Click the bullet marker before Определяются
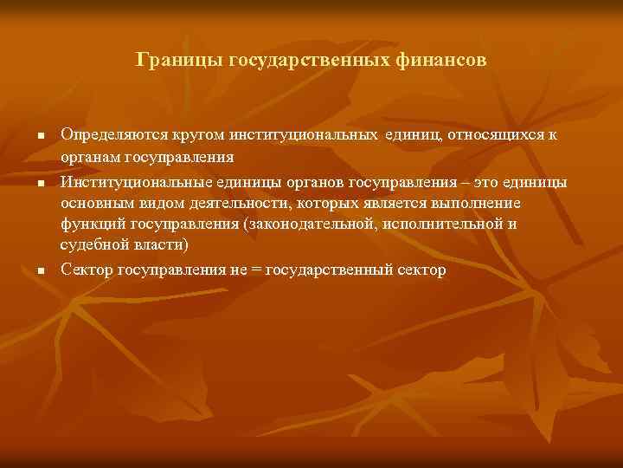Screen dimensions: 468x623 click(41, 137)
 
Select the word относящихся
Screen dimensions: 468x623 click(491, 134)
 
